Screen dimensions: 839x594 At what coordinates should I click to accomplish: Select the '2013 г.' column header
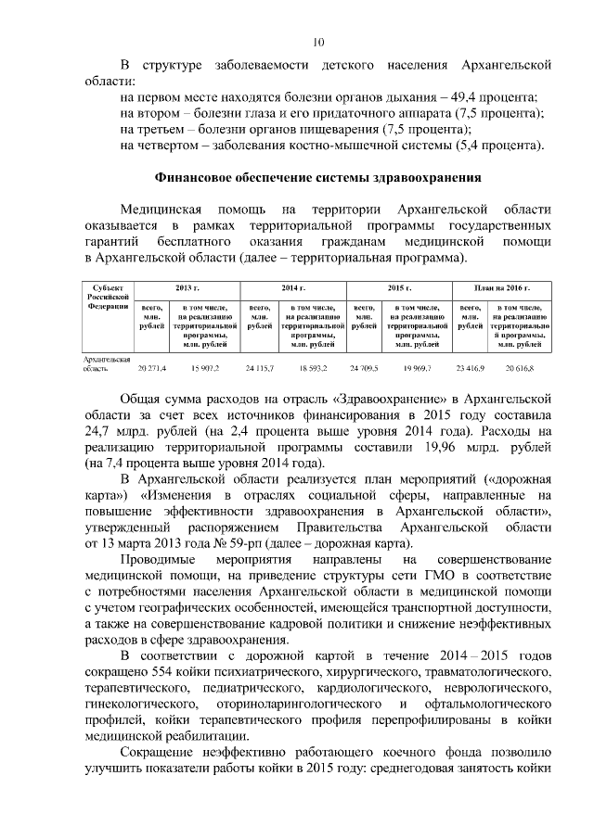coord(188,289)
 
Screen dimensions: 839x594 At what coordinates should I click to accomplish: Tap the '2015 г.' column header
coord(399,289)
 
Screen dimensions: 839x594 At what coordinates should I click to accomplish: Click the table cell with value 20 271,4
coord(151,368)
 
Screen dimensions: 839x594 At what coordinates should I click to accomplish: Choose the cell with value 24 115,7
coord(259,368)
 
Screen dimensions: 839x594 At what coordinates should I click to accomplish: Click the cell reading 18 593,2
coord(313,368)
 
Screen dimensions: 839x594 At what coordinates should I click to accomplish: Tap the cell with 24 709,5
coord(364,368)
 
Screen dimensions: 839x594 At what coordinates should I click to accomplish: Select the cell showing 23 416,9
coord(470,368)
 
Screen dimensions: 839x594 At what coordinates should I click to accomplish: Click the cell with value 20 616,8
coord(521,368)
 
